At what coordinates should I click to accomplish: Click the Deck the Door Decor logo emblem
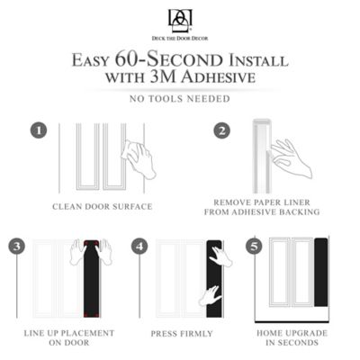point(179,18)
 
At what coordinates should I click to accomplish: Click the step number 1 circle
point(39,130)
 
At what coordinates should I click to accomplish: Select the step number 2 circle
point(222,130)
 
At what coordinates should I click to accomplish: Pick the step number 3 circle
point(17,246)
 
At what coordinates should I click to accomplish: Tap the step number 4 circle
point(140,246)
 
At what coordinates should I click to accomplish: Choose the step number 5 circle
point(255,246)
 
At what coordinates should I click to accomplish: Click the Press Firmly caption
point(183,333)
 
